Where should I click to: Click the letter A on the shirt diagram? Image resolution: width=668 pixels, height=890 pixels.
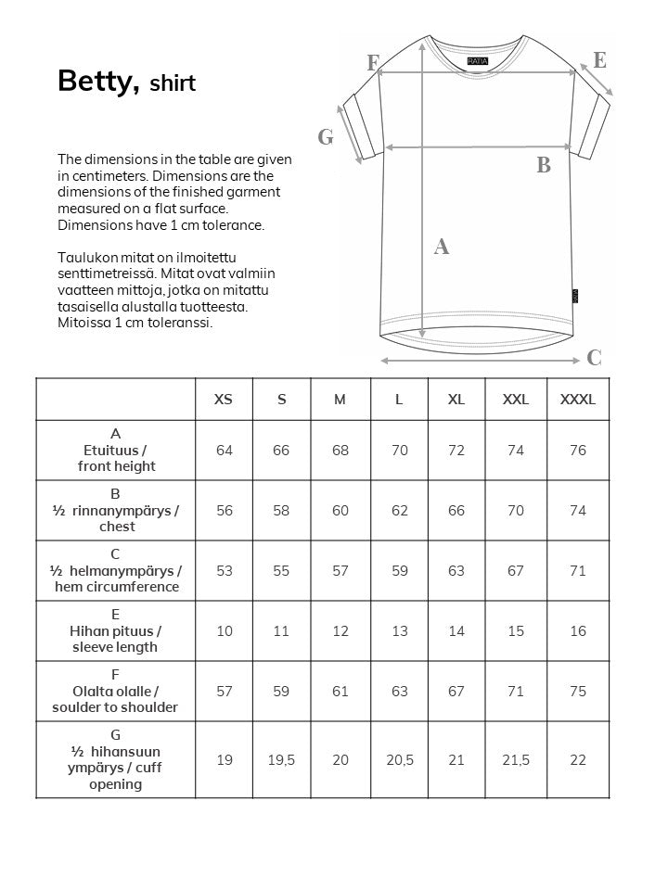coord(442,247)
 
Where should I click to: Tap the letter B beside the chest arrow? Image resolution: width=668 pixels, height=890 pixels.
coord(544,166)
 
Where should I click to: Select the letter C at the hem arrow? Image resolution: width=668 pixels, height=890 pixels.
coord(595,359)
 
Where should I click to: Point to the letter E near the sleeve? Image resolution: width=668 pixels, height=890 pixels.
coord(599,61)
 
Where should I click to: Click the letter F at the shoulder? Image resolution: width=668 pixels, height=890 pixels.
coord(373,63)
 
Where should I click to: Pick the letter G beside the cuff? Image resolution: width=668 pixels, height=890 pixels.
coord(326,138)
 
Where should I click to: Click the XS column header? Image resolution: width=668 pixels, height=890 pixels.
coord(224,400)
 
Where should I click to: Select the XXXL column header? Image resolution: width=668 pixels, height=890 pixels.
coord(578,400)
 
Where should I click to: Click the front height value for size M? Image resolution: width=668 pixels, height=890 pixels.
coord(340,451)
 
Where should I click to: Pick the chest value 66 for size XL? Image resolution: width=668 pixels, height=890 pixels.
coord(456,511)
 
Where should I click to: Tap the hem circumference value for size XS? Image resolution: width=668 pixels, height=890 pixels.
coord(224,571)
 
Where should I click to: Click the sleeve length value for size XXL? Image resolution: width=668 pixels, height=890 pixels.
coord(516,631)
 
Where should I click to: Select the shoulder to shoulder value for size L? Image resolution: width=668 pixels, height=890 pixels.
coord(399,692)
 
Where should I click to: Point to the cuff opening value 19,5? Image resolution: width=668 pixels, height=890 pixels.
coord(281,760)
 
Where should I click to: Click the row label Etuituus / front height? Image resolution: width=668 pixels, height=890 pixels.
coord(116,451)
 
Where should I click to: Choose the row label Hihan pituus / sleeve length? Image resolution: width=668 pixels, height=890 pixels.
coord(116,631)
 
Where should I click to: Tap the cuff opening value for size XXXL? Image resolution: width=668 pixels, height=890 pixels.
coord(578,760)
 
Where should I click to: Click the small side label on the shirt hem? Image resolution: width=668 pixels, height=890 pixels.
coord(575,295)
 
